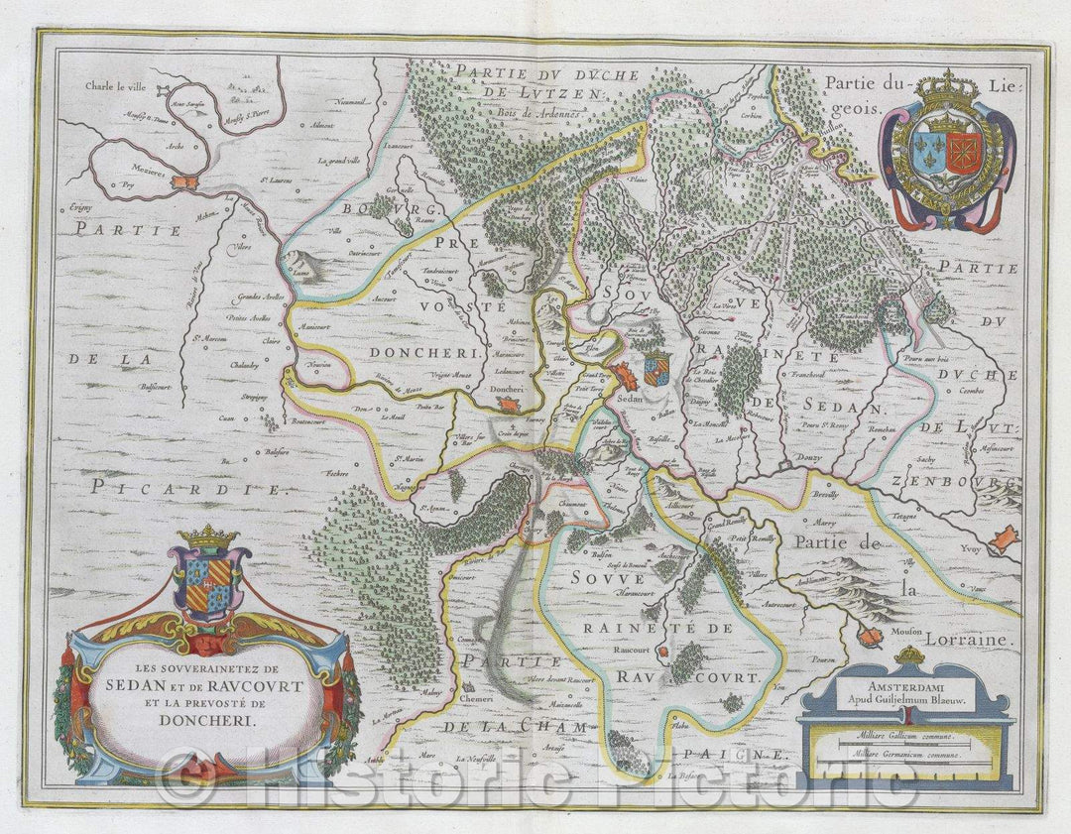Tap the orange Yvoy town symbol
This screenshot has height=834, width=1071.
point(1004,538)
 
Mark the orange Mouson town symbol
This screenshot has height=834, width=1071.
point(869,637)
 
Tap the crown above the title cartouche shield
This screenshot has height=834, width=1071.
point(207,536)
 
